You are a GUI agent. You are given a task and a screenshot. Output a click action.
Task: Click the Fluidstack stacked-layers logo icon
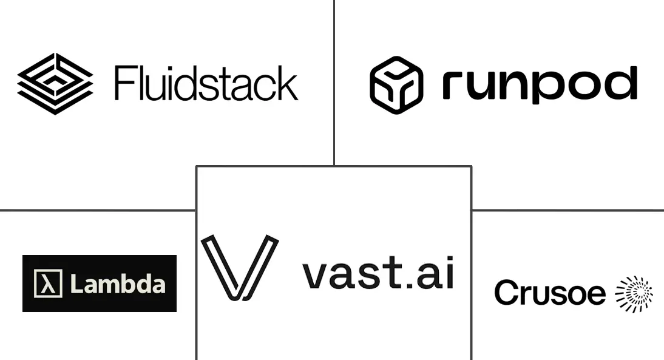click(55, 83)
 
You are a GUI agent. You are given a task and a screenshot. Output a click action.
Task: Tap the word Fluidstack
click(206, 83)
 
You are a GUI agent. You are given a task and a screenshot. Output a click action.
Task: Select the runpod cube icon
click(396, 85)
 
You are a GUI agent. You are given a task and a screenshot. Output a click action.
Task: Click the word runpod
click(540, 85)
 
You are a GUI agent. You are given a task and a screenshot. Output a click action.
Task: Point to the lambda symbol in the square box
click(48, 284)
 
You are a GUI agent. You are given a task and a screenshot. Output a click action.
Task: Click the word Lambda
click(118, 284)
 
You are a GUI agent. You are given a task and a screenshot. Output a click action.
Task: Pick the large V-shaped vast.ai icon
click(240, 267)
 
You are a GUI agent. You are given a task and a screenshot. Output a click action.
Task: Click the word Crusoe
click(550, 292)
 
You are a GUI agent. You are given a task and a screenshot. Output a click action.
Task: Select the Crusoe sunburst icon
click(634, 294)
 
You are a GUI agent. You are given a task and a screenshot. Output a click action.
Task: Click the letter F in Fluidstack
click(123, 83)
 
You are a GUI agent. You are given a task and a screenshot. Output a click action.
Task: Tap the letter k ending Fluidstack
click(288, 83)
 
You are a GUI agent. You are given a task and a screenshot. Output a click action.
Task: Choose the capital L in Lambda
click(76, 284)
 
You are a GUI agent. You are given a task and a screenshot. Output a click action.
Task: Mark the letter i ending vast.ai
click(450, 273)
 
